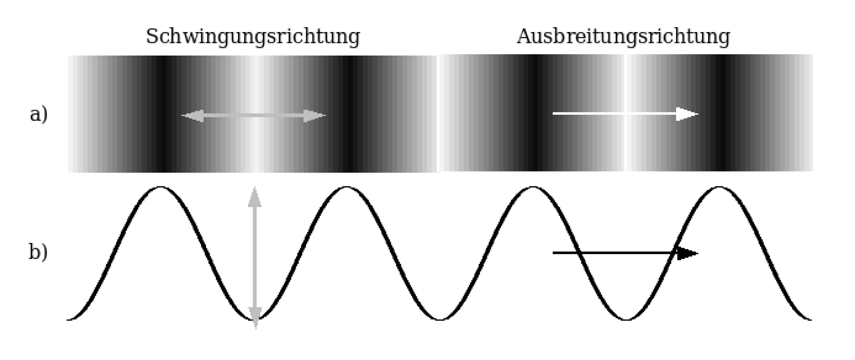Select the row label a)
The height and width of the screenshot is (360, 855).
(x=39, y=114)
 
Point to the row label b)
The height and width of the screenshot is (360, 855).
(x=38, y=252)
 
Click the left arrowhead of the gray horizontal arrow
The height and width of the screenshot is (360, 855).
(x=192, y=116)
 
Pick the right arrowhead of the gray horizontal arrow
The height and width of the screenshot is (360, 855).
(x=315, y=116)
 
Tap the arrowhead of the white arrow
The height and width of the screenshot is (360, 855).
(x=687, y=114)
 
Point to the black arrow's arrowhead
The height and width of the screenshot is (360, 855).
(x=687, y=253)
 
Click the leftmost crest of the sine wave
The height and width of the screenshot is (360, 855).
(x=161, y=188)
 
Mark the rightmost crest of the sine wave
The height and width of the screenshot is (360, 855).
(x=719, y=188)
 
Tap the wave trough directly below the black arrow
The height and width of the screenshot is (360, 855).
(x=626, y=319)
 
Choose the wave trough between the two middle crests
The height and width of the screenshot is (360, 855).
(x=440, y=319)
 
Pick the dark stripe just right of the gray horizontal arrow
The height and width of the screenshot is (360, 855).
(x=348, y=114)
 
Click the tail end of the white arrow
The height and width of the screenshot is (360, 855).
(x=554, y=114)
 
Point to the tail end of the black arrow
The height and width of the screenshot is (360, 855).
(x=554, y=253)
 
